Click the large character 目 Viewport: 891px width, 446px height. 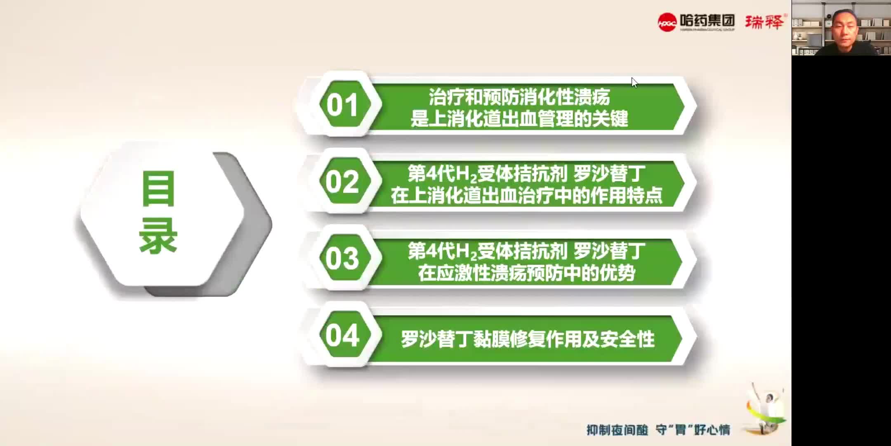point(158,189)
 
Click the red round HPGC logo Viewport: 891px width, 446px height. point(667,22)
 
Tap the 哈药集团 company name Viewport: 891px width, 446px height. point(707,20)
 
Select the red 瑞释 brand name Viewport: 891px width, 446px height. point(764,22)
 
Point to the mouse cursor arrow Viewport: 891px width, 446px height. point(634,82)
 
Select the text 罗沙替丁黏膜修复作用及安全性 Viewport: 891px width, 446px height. point(528,339)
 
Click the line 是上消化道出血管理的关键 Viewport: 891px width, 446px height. point(519,119)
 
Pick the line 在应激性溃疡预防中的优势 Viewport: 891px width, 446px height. point(527,273)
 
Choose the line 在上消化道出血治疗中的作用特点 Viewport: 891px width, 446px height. point(527,196)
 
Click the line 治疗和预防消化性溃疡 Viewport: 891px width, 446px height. point(519,97)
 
